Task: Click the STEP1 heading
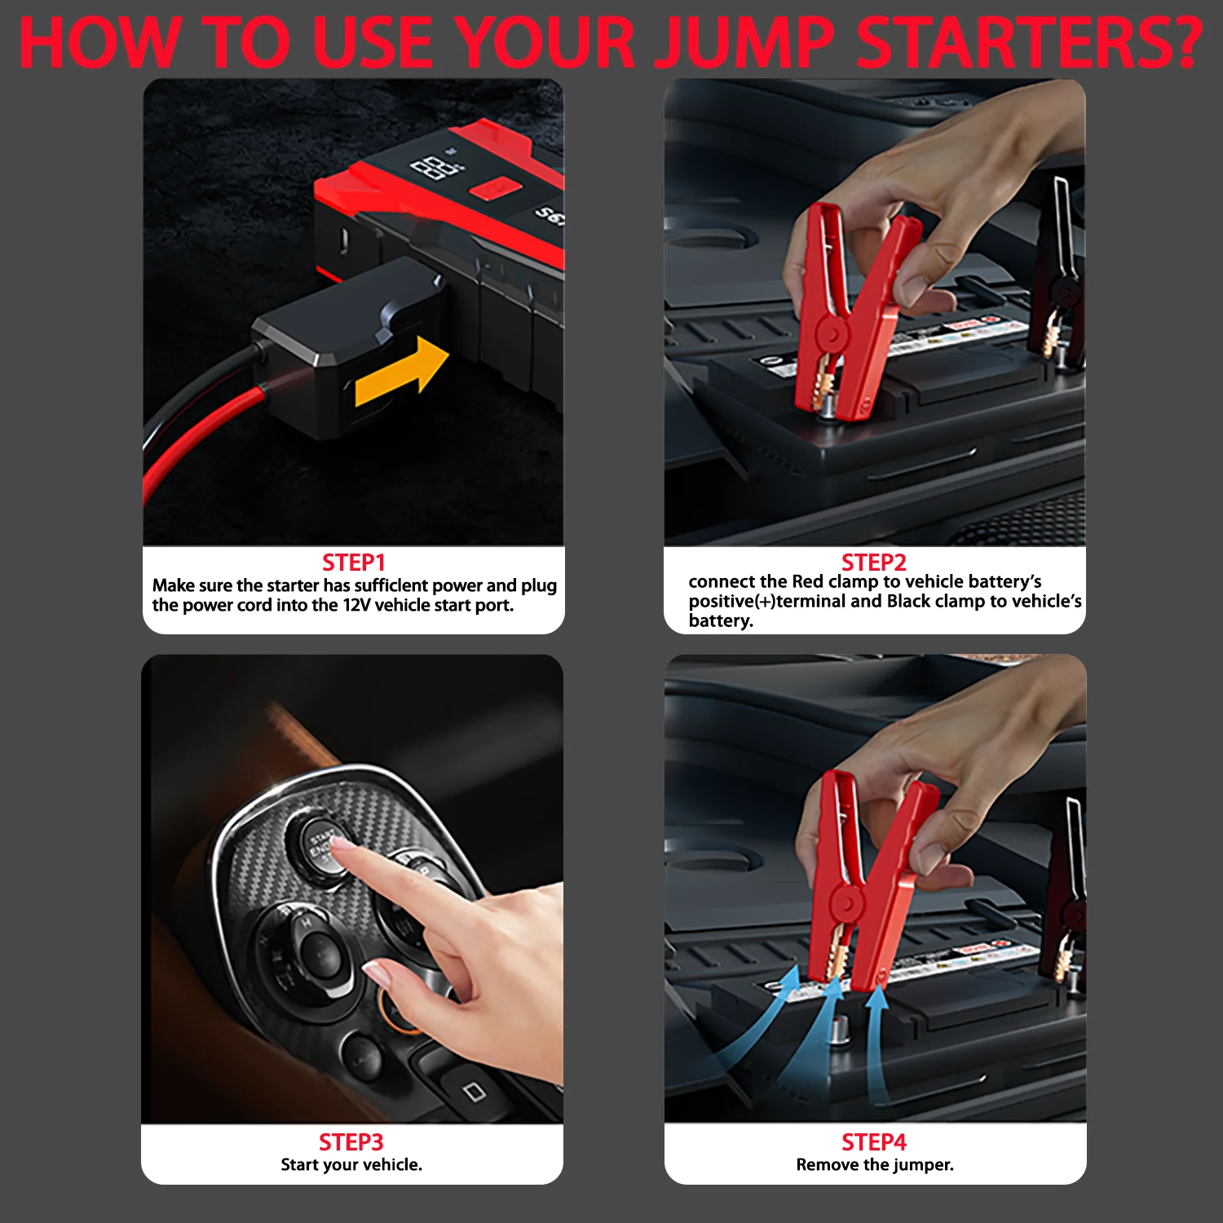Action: click(x=353, y=563)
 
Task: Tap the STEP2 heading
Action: click(x=874, y=562)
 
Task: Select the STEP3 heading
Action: click(x=351, y=1141)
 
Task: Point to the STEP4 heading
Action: click(x=874, y=1141)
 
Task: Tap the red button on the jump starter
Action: click(x=495, y=190)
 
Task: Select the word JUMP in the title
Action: click(x=746, y=42)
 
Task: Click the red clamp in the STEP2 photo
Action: click(x=848, y=314)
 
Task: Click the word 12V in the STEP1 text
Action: click(x=355, y=605)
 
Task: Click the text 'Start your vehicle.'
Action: click(x=351, y=1164)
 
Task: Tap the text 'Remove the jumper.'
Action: click(x=875, y=1164)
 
